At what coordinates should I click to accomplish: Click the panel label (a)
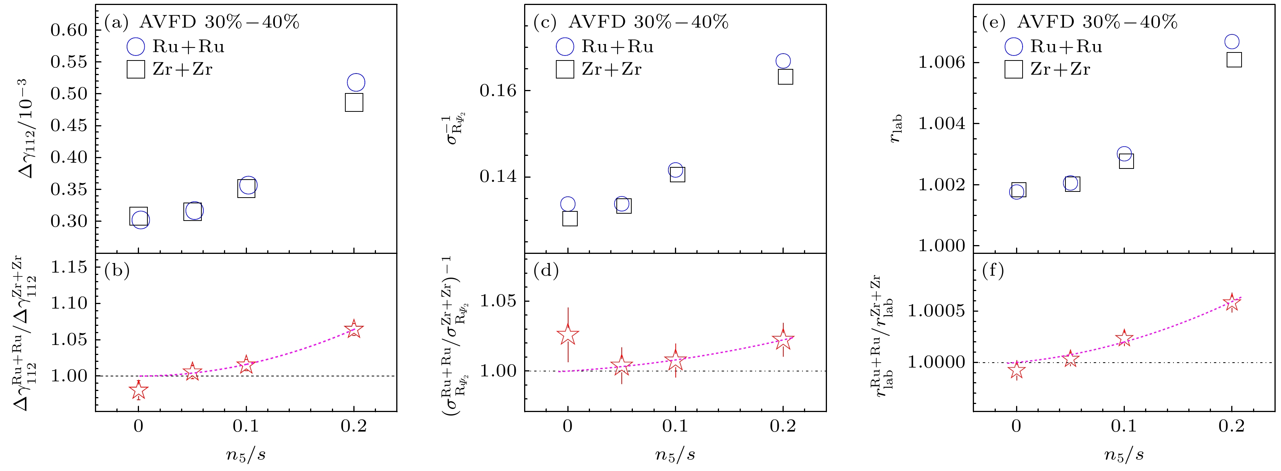pos(116,22)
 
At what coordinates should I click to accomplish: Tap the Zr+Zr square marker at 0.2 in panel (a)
pos(354,103)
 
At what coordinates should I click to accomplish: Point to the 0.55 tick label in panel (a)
pos(69,62)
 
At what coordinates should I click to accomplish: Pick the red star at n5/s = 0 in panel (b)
pos(138,391)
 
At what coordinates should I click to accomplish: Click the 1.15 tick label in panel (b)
pos(69,267)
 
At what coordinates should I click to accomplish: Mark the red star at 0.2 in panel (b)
pos(354,329)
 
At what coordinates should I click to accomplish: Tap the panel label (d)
pos(546,271)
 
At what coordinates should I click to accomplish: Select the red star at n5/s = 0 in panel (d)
pos(567,335)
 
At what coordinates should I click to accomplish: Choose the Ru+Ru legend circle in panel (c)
pos(565,47)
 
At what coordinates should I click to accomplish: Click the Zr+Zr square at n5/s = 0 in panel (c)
pos(570,218)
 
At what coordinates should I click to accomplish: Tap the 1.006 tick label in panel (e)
pos(941,63)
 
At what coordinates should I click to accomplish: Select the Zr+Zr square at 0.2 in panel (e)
pos(1234,60)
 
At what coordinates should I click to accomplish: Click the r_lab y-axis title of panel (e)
pos(895,129)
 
